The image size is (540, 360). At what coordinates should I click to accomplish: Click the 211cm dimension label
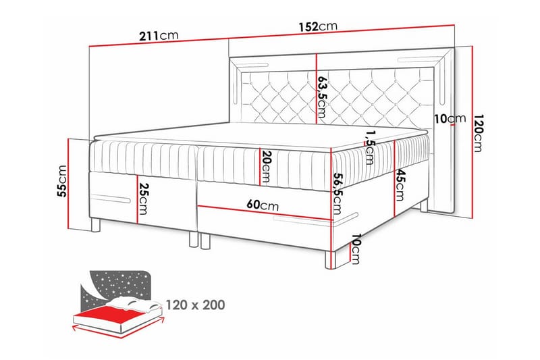(159, 36)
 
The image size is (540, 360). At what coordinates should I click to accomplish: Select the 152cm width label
(318, 26)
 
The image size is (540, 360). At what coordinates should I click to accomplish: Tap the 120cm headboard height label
(479, 133)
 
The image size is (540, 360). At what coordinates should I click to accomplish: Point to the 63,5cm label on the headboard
(322, 97)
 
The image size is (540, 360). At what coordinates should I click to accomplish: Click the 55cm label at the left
(62, 181)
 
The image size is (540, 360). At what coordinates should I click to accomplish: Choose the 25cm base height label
(143, 199)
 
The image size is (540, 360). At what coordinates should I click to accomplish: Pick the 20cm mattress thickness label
(266, 166)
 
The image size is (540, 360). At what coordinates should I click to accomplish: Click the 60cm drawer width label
(263, 205)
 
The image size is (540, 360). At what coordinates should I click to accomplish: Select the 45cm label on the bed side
(400, 184)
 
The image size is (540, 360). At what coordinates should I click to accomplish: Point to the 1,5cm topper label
(369, 147)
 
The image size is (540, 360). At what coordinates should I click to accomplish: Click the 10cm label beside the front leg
(356, 249)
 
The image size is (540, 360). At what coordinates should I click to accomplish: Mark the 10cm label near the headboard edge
(450, 119)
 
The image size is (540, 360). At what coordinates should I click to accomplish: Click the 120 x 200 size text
(195, 305)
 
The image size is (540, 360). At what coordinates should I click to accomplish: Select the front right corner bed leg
(330, 261)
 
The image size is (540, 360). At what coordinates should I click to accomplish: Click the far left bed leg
(95, 225)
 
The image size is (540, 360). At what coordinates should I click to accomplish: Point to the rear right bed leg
(424, 205)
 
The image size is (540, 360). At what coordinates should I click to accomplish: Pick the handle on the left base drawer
(111, 199)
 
